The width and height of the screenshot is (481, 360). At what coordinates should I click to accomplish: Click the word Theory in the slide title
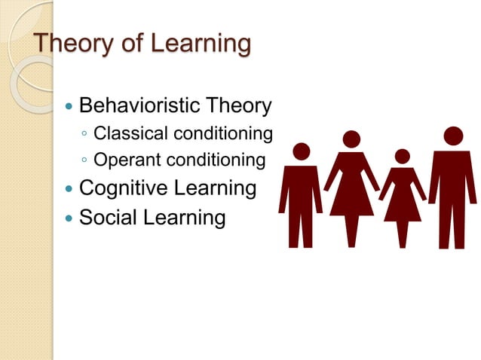(72, 43)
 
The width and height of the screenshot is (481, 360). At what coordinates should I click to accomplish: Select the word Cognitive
(121, 188)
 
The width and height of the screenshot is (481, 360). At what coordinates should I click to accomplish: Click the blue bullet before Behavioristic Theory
(69, 106)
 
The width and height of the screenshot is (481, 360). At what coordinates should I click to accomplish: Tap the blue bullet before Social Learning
(69, 218)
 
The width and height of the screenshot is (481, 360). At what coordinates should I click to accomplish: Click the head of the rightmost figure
(453, 136)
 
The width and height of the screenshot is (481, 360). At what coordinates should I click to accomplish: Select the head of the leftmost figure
(301, 151)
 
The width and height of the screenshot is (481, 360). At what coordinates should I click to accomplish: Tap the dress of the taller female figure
(351, 188)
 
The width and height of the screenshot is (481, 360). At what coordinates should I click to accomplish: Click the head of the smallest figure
(402, 156)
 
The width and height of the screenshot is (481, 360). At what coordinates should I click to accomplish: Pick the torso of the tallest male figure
(452, 181)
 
